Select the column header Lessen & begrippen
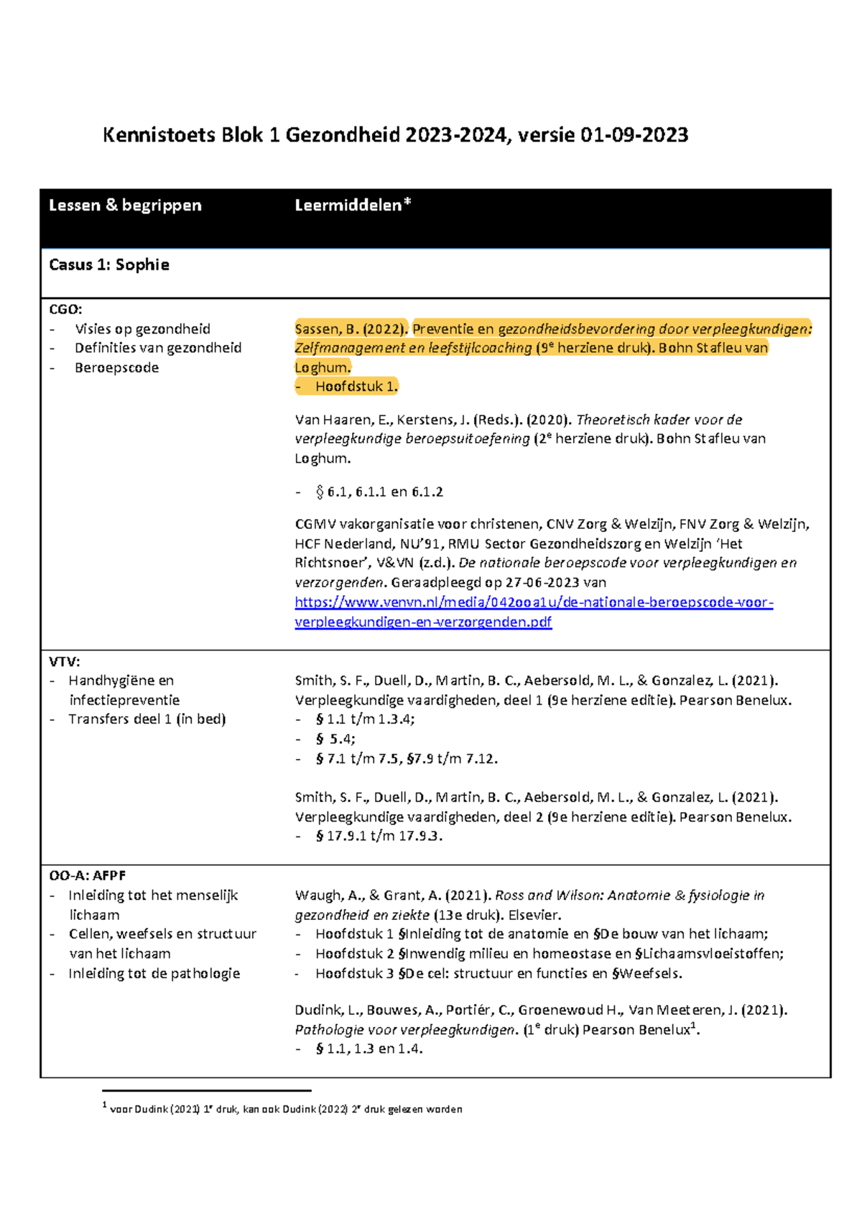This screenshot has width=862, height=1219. point(125,206)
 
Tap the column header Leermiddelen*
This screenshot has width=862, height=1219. point(353,206)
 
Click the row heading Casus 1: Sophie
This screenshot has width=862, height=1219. point(109,265)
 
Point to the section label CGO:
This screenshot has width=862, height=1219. point(65,310)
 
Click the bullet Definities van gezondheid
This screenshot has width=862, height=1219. point(157,348)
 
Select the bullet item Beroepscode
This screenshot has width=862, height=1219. point(116,368)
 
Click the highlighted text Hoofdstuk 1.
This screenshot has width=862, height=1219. point(356,387)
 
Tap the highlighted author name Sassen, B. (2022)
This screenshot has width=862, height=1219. point(350,329)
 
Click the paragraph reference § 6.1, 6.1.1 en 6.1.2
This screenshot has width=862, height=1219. point(379,492)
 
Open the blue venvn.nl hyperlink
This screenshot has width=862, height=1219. point(533,602)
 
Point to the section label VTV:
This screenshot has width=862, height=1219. point(65,661)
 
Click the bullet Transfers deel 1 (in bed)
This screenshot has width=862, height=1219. point(147,719)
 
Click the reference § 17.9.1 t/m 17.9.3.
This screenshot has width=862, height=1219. point(379,837)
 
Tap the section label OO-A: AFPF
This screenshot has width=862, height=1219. point(87,876)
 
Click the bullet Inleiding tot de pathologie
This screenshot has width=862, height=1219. point(154,974)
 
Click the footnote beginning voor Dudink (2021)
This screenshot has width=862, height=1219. point(286,1109)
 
